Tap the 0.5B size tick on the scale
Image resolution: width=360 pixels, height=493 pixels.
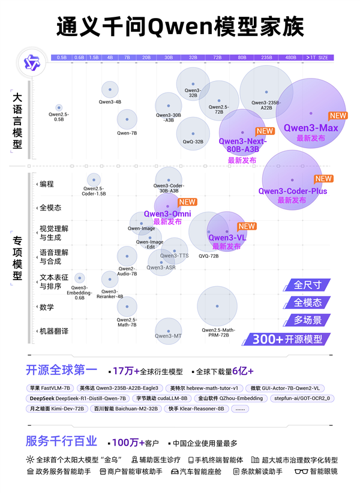point(62,58)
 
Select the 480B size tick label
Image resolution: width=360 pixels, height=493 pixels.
point(290,58)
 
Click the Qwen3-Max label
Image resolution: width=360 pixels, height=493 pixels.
point(311,128)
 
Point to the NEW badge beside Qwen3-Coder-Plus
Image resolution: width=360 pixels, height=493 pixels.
point(323,179)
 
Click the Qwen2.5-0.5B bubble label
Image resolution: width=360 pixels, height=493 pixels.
point(59,116)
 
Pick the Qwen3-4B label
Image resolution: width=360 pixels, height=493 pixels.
point(110,102)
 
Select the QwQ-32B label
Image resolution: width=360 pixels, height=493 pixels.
point(193,142)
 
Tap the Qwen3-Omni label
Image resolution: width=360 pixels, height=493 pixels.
point(167,214)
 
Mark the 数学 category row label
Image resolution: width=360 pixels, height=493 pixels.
point(47,307)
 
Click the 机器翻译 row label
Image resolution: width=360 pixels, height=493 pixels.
point(54,331)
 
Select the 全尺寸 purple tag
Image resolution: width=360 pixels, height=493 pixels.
point(307,285)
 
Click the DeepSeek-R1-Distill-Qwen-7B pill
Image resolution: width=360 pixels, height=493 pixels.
point(78,398)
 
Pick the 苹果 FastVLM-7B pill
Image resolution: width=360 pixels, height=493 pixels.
point(50,388)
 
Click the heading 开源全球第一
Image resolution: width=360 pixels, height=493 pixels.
point(60,369)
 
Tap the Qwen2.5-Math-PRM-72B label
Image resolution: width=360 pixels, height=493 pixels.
point(218,333)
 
